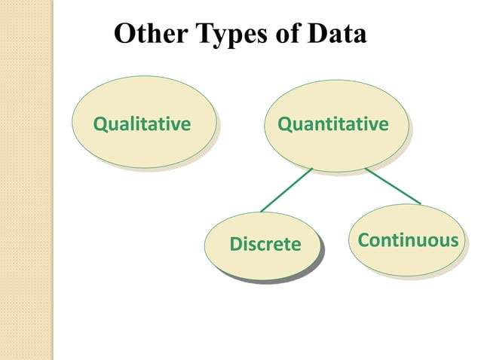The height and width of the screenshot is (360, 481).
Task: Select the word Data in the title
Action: (x=337, y=35)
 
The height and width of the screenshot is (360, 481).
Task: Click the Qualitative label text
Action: (x=141, y=124)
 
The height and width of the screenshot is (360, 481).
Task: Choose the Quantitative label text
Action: (x=333, y=123)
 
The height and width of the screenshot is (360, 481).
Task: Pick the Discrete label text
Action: (x=265, y=244)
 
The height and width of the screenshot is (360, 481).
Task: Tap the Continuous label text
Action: (x=408, y=240)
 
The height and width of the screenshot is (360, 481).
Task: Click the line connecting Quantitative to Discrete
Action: (x=286, y=189)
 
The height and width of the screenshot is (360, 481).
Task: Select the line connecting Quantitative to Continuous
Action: (x=393, y=185)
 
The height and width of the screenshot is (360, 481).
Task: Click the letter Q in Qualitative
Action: (x=98, y=124)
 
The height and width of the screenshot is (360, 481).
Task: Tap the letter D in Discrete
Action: (x=234, y=244)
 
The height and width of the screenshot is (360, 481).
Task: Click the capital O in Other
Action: (x=123, y=35)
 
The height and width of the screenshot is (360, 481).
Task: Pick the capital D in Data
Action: (x=317, y=35)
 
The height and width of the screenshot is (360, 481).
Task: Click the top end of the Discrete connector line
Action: (x=311, y=168)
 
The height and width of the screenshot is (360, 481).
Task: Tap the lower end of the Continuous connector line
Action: (x=420, y=203)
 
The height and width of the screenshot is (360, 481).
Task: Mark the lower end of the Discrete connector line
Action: (x=262, y=211)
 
